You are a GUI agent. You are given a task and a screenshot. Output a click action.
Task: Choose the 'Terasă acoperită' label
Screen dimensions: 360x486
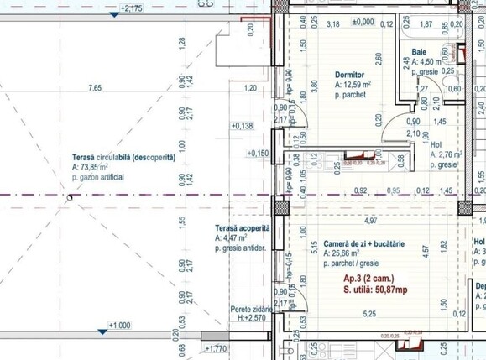click(242, 228)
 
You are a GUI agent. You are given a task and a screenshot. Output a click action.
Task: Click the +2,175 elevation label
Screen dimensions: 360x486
click(130, 8)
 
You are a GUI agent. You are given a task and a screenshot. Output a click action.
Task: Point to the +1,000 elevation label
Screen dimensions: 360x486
click(120, 325)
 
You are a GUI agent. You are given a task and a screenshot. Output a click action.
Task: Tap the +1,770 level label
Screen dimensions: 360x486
click(216, 347)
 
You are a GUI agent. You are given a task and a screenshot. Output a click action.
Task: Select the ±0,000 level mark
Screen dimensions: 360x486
click(363, 23)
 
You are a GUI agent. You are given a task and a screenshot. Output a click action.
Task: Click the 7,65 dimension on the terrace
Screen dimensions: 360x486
click(95, 87)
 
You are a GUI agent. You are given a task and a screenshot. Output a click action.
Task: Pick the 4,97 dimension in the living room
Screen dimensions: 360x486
click(369, 221)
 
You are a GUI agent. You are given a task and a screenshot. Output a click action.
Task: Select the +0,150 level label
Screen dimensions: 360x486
click(259, 154)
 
